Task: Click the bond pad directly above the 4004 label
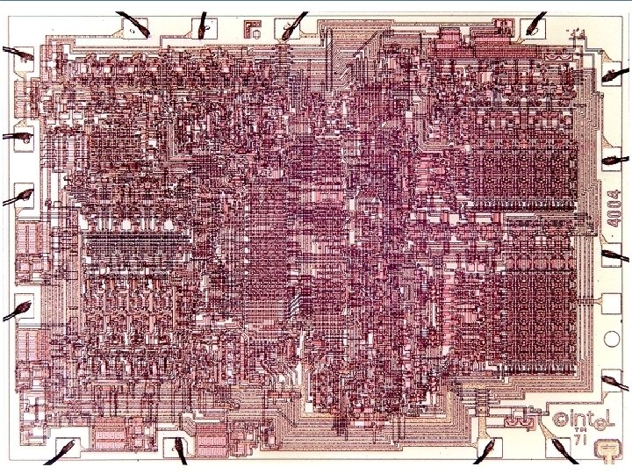click(x=611, y=162)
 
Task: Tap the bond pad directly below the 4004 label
click(x=611, y=256)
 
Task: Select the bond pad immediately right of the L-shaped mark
click(x=287, y=32)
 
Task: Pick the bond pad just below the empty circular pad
click(x=611, y=379)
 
